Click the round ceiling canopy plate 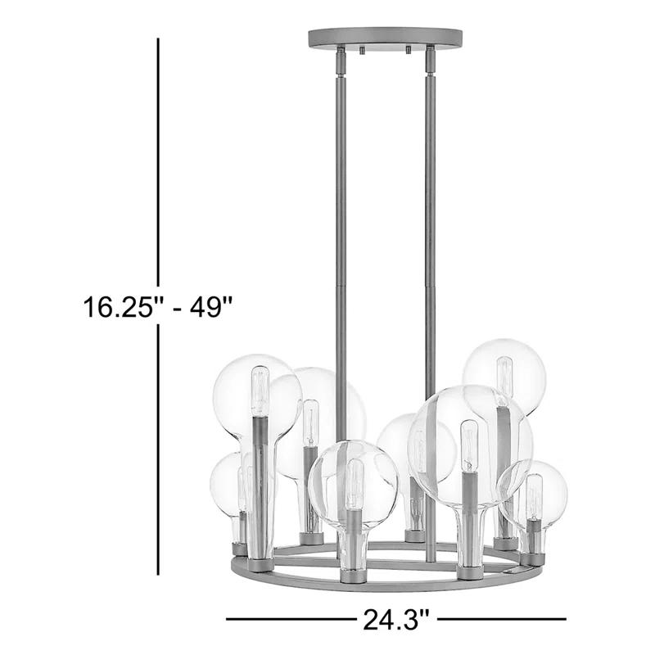384,38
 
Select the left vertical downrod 341,205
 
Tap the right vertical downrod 431,205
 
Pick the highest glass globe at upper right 504,377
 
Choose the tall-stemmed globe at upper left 257,397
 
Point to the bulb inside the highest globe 505,377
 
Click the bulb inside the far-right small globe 535,498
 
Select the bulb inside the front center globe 355,484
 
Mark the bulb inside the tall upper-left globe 260,391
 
